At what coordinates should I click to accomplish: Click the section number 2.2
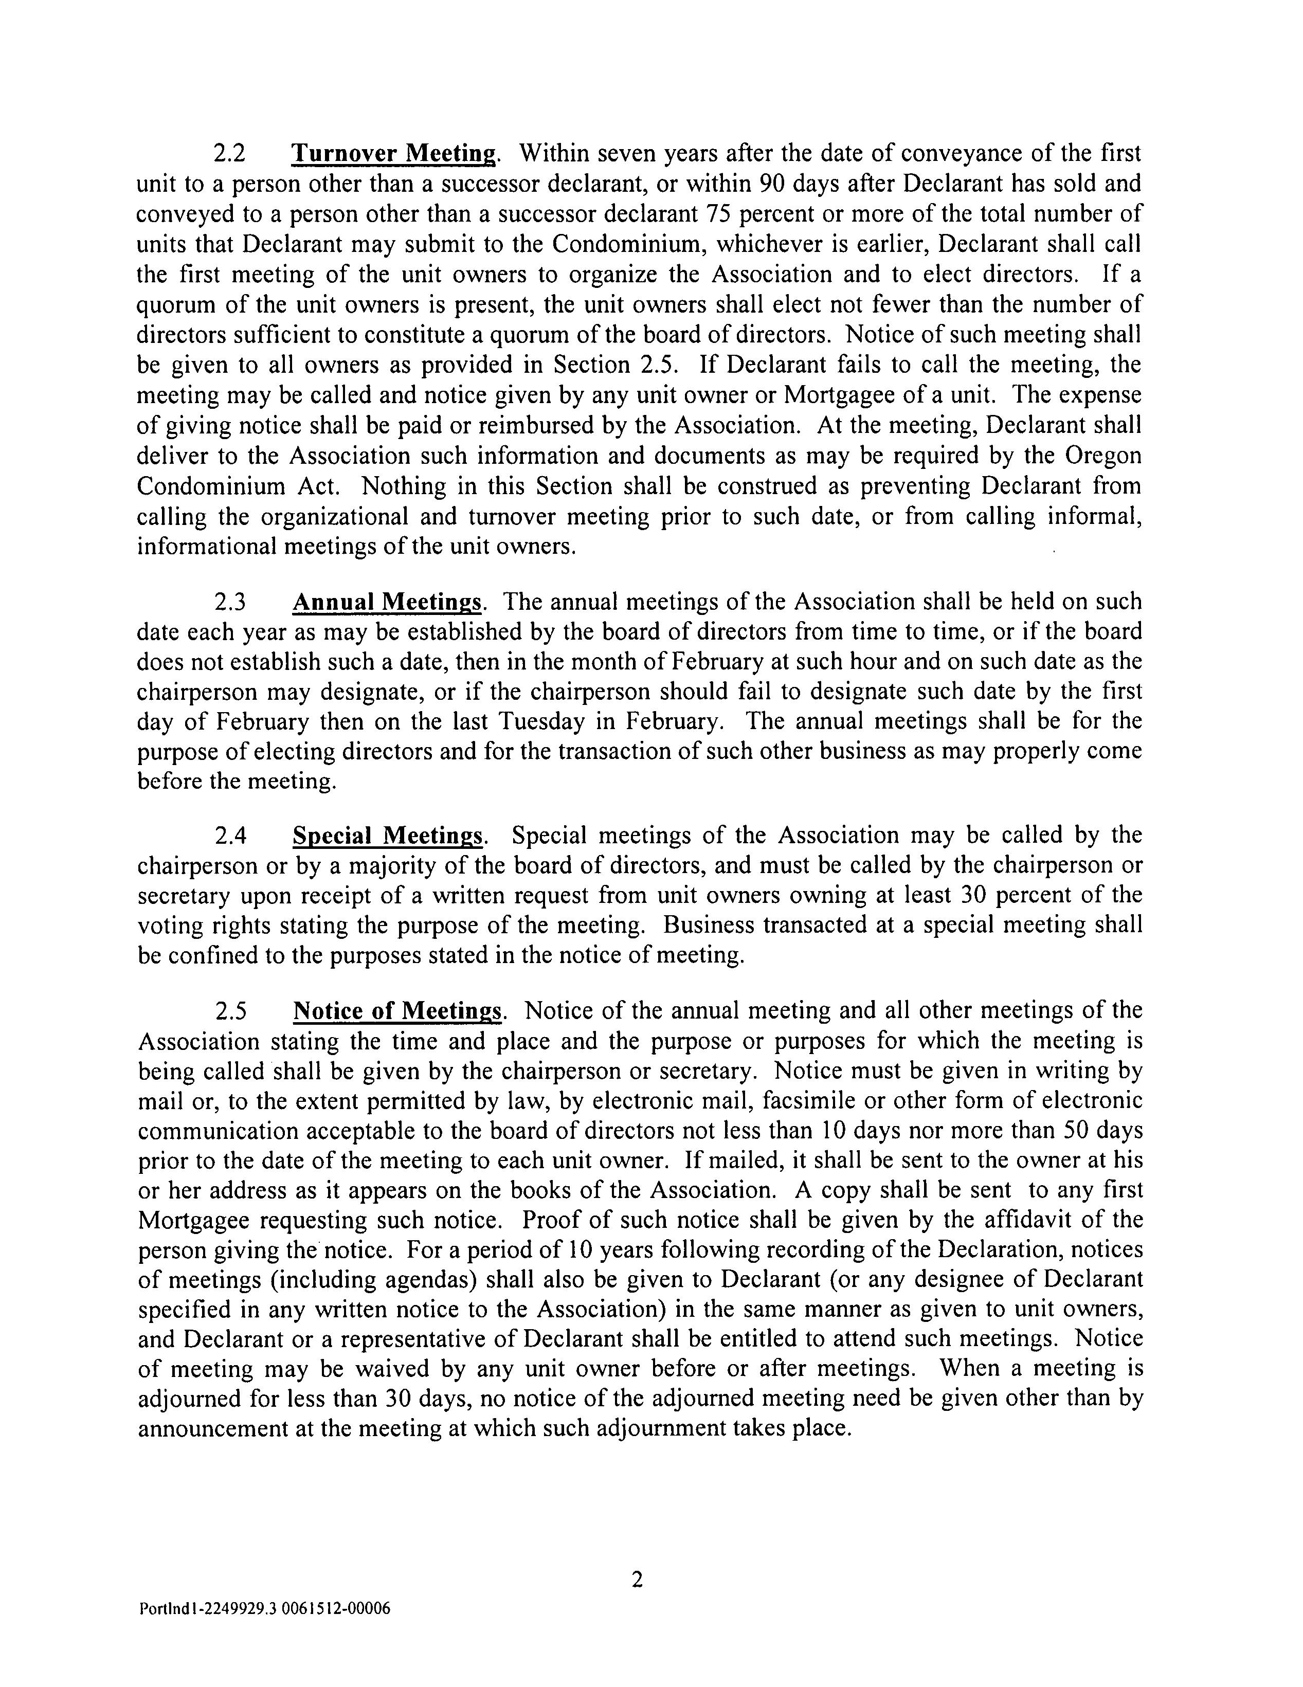pyautogui.click(x=229, y=154)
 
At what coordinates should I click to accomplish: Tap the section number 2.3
pyautogui.click(x=229, y=601)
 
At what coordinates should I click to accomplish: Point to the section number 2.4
pyautogui.click(x=229, y=835)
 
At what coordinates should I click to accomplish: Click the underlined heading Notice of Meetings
pyautogui.click(x=398, y=1010)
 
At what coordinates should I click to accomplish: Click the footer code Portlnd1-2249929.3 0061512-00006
pyautogui.click(x=265, y=1609)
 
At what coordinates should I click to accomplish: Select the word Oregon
pyautogui.click(x=1101, y=456)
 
